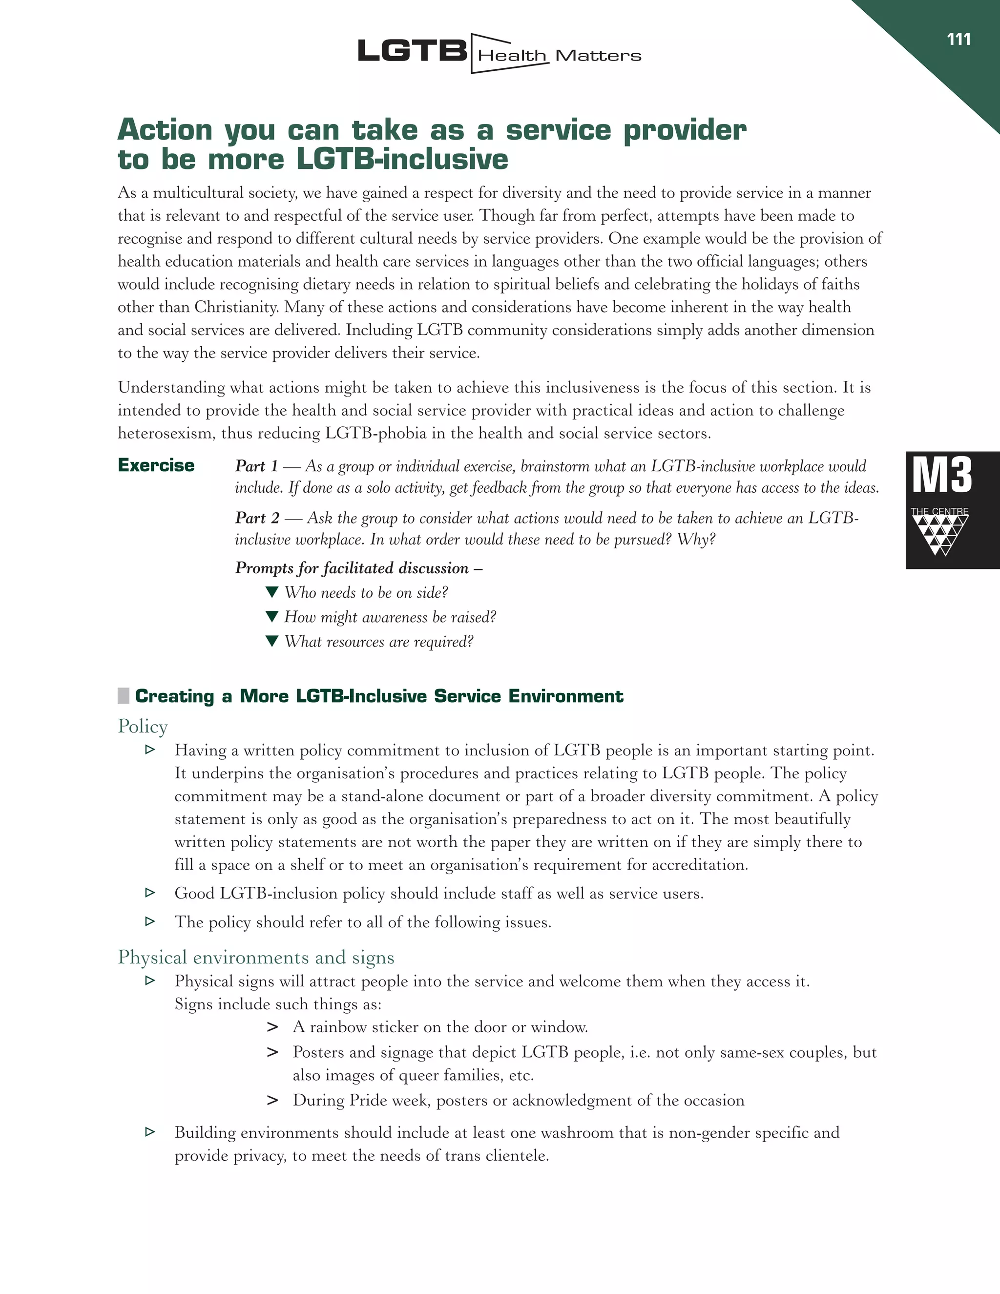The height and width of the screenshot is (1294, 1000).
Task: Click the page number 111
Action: click(958, 40)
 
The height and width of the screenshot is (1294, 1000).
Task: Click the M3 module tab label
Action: click(942, 475)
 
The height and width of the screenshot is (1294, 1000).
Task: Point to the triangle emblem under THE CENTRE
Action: click(940, 534)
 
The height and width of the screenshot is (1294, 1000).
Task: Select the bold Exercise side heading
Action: click(156, 465)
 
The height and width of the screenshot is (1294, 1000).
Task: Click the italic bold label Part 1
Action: click(256, 466)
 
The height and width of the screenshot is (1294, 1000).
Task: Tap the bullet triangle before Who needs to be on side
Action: click(272, 592)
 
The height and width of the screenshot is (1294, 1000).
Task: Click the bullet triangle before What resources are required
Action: click(272, 641)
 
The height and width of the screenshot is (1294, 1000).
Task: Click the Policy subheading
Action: click(143, 727)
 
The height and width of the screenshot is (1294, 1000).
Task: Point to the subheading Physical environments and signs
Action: click(256, 958)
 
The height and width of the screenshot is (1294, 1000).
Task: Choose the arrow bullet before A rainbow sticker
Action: click(272, 1027)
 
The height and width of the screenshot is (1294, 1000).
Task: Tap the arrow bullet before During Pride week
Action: click(272, 1101)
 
